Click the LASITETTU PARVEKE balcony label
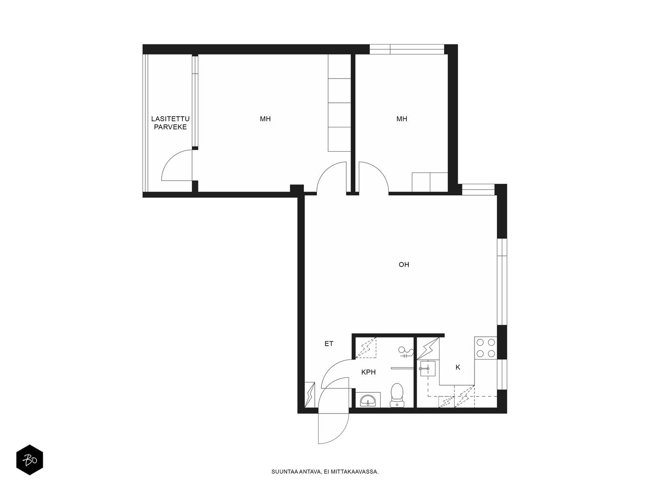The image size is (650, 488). (170, 123)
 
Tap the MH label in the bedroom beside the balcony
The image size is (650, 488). (265, 119)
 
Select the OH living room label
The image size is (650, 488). (404, 265)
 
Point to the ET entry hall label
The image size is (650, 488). (329, 344)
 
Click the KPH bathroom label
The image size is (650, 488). (368, 372)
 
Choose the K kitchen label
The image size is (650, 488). (458, 367)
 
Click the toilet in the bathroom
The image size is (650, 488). (397, 395)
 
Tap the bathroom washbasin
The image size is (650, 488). (368, 401)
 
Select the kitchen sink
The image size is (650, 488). (428, 368)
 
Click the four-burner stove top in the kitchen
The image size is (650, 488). (485, 348)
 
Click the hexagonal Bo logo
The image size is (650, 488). (30, 460)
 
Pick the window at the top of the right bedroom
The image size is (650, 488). (407, 49)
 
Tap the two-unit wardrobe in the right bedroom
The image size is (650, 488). (430, 182)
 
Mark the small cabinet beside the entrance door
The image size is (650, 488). (310, 395)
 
